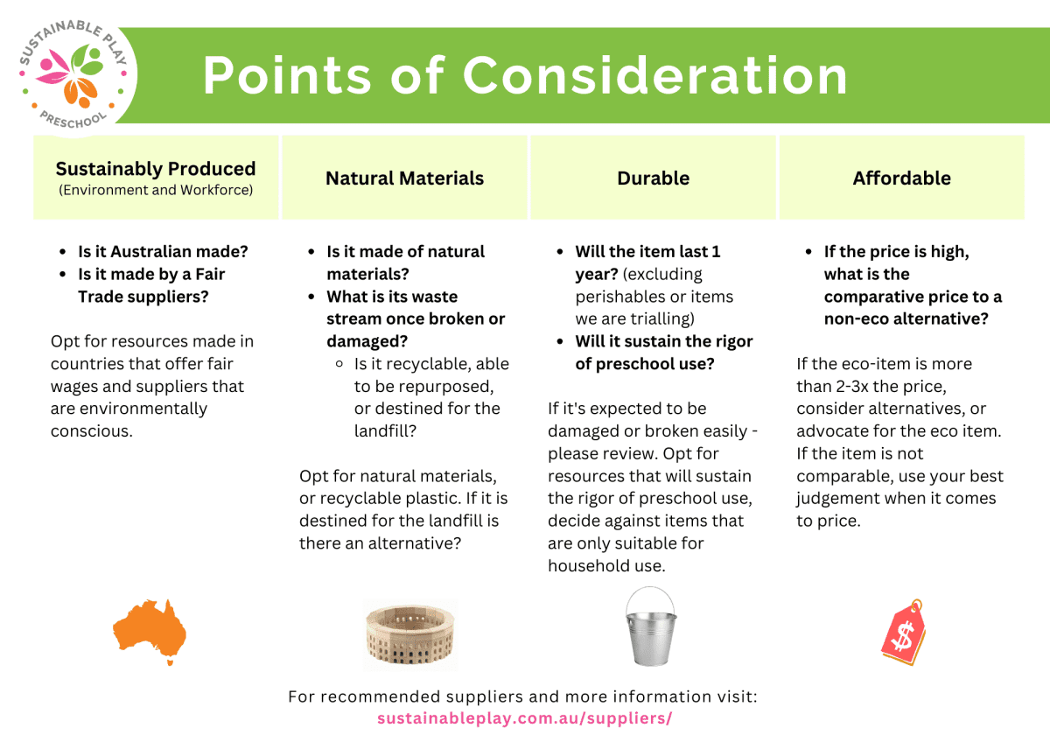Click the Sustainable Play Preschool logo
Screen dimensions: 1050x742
point(73,74)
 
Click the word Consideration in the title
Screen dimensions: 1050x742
point(655,75)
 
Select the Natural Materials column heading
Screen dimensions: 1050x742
point(404,178)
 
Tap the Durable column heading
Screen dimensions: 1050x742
point(653,178)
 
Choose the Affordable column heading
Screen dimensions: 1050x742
point(901,178)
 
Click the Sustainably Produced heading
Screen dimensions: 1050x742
point(156,169)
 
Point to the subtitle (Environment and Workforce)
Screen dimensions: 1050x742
point(156,190)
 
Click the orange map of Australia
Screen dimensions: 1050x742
point(150,632)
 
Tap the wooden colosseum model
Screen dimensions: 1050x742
point(410,634)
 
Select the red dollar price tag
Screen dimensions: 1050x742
point(903,632)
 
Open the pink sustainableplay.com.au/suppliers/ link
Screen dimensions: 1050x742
point(524,718)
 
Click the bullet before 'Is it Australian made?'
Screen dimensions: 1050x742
point(63,252)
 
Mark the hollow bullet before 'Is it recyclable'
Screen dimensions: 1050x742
point(339,364)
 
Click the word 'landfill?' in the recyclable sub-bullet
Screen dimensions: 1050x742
point(385,430)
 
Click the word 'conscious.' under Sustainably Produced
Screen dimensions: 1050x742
point(92,430)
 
